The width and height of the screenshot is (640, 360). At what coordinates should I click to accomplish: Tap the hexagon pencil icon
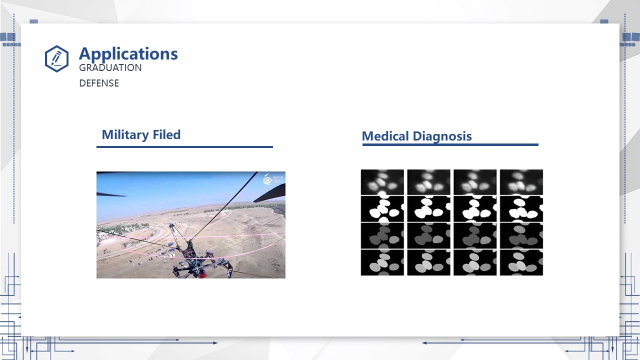pyautogui.click(x=56, y=58)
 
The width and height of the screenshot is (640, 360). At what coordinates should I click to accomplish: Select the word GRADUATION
pyautogui.click(x=110, y=67)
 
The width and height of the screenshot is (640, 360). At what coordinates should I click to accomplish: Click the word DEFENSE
pyautogui.click(x=99, y=83)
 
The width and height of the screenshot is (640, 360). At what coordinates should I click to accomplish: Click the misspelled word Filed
pyautogui.click(x=166, y=134)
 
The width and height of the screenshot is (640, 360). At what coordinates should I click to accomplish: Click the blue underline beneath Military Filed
pyautogui.click(x=184, y=147)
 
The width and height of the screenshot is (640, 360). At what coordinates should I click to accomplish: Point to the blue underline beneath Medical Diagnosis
pyautogui.click(x=450, y=145)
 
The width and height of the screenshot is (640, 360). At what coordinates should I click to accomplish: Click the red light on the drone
pyautogui.click(x=202, y=275)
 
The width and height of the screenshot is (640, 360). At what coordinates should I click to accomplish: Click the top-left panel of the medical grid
pyautogui.click(x=382, y=182)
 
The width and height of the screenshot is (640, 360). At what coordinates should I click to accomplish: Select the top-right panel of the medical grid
pyautogui.click(x=521, y=182)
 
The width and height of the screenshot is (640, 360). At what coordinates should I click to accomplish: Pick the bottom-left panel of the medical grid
pyautogui.click(x=382, y=262)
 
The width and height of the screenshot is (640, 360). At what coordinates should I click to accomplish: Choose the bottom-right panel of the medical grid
pyautogui.click(x=521, y=262)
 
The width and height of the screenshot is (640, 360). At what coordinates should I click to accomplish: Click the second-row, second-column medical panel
pyautogui.click(x=428, y=209)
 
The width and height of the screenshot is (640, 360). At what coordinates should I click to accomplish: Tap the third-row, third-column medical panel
pyautogui.click(x=475, y=235)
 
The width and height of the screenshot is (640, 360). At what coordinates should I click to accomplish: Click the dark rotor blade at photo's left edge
pyautogui.click(x=111, y=195)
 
